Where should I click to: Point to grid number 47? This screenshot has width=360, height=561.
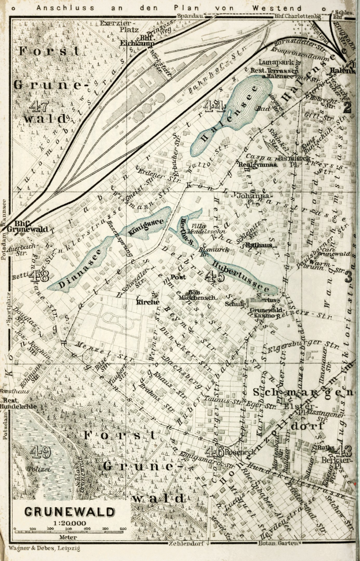click(38, 106)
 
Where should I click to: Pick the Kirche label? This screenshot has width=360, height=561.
click(147, 302)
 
